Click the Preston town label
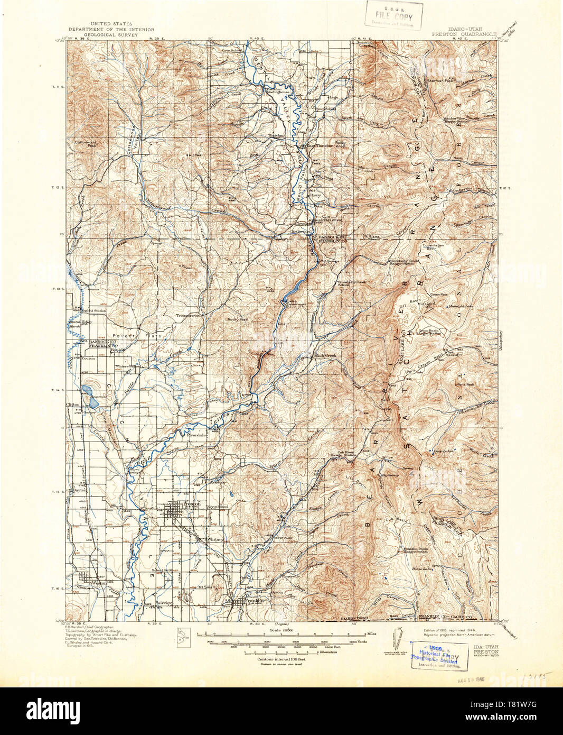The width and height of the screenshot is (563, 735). tap(192, 504)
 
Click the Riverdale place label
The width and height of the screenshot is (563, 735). tap(194, 437)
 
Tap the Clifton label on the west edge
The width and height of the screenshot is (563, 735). tap(72, 403)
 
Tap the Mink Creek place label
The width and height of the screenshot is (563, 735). tap(326, 355)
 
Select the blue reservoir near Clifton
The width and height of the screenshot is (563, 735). tap(85, 392)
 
